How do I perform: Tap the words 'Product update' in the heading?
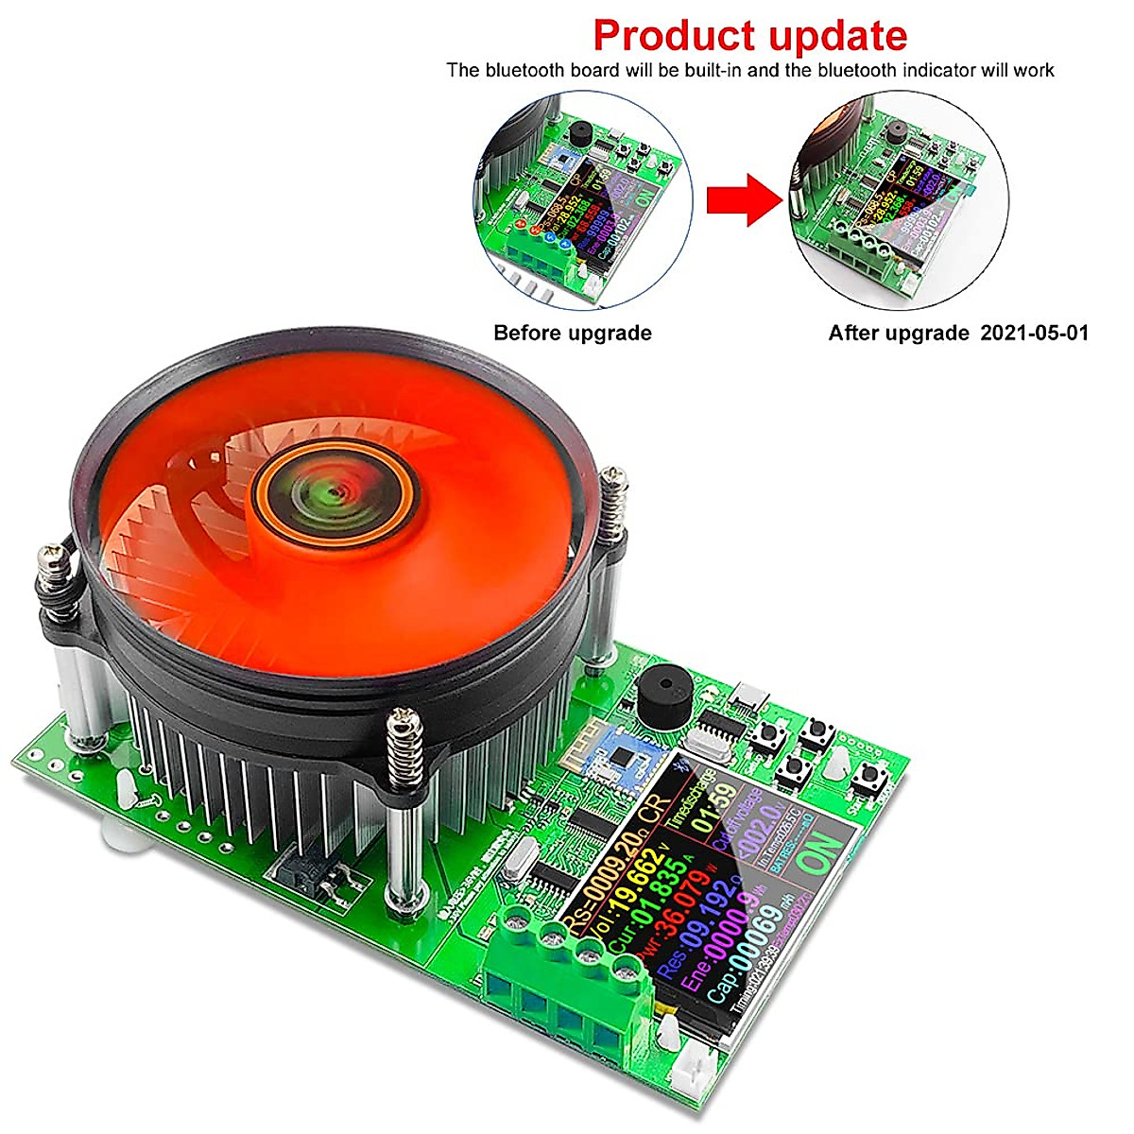tap(749, 35)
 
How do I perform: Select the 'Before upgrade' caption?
tap(572, 333)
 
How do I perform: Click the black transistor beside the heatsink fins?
tap(304, 876)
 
